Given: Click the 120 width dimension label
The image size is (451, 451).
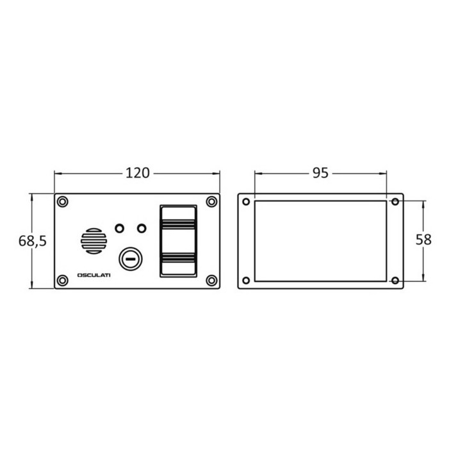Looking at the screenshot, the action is pyautogui.click(x=138, y=173).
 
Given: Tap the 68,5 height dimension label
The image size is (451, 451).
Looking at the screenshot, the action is pyautogui.click(x=32, y=241).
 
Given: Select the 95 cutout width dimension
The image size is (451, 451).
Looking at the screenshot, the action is pyautogui.click(x=320, y=173).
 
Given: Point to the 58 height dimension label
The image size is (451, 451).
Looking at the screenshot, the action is pyautogui.click(x=423, y=240).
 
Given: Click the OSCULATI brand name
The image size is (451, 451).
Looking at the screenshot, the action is pyautogui.click(x=94, y=275).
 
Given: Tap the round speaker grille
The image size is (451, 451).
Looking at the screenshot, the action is pyautogui.click(x=94, y=241).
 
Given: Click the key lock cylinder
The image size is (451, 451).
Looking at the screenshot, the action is pyautogui.click(x=131, y=259).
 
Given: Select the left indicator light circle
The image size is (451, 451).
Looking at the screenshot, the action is pyautogui.click(x=119, y=229).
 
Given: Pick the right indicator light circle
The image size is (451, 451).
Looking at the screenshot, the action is pyautogui.click(x=142, y=229).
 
